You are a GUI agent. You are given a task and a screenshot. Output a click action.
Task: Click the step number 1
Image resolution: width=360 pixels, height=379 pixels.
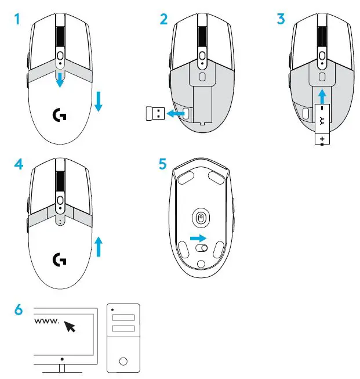[x=18, y=19]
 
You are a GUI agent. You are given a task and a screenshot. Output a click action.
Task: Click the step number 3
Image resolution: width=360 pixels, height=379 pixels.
[x=281, y=19]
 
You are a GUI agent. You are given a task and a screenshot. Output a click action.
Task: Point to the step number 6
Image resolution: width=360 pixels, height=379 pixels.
[x=18, y=311]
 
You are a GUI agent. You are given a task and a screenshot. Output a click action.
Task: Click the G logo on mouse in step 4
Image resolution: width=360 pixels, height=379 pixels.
[x=59, y=259]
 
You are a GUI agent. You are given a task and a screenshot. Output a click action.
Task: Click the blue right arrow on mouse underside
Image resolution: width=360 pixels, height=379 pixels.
[x=198, y=238]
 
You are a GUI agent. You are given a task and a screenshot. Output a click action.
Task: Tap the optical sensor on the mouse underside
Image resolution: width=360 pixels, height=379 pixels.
[x=201, y=218]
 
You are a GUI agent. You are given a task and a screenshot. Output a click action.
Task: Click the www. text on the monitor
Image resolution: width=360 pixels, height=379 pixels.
[x=48, y=321]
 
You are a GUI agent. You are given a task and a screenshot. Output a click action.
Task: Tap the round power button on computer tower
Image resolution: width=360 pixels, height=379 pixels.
[x=123, y=360]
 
